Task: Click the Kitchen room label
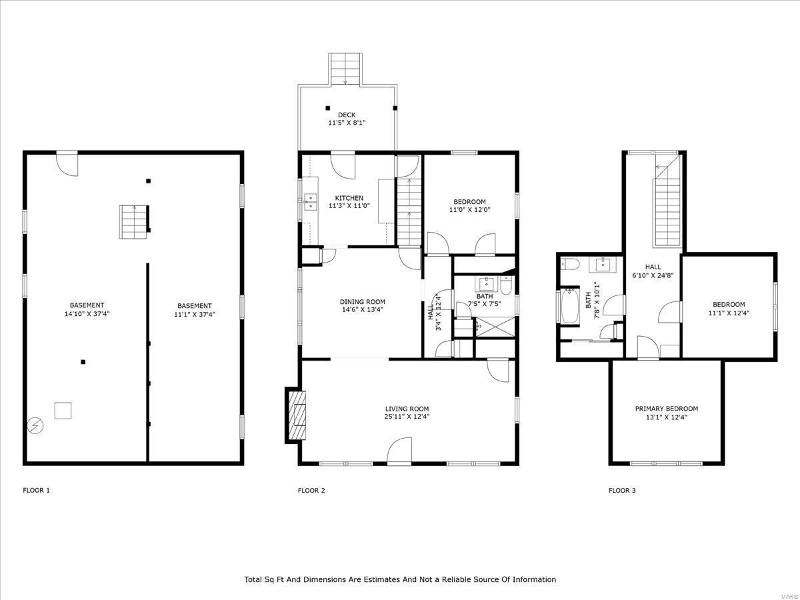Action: coord(349,198)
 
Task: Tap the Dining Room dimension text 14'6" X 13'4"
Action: coord(362,309)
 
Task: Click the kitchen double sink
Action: coord(311,202)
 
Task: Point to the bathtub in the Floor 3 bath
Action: coord(569,306)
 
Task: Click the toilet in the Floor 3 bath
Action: coord(569,264)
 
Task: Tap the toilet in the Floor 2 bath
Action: coord(506,285)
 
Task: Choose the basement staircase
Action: coord(134,222)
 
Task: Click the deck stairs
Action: coord(345,69)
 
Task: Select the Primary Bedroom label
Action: coord(666,409)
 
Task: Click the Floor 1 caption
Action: coord(36,491)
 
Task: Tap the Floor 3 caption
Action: coord(622,491)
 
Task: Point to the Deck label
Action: coord(347,115)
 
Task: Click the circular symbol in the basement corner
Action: coord(35,425)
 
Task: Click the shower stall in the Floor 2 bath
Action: coord(495,327)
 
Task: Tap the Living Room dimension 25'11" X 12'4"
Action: coord(407,417)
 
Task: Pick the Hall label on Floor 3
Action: coord(653,267)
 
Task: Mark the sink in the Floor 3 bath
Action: coord(603,265)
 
